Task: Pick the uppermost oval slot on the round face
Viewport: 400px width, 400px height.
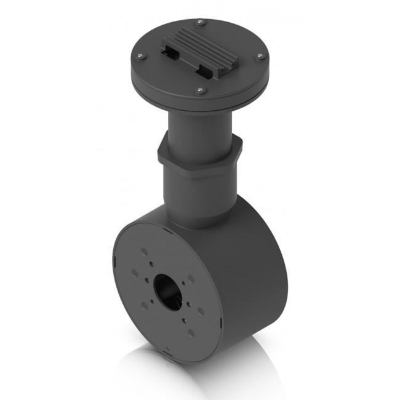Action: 143,251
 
